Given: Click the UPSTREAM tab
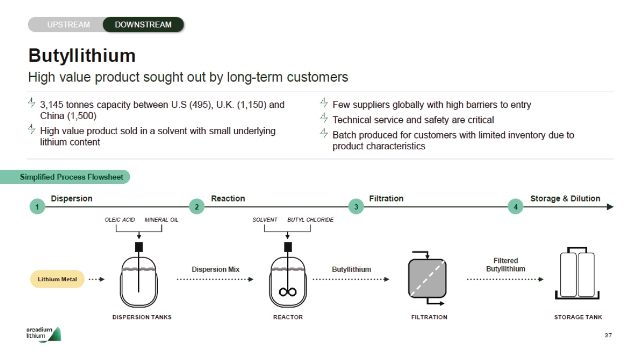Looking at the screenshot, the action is tap(68, 24).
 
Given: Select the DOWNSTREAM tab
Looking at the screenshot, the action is tap(143, 24).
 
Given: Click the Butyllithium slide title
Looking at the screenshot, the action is tap(82, 56).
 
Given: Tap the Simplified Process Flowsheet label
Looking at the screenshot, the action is tap(71, 177).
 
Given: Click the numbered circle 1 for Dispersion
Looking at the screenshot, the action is tap(37, 207).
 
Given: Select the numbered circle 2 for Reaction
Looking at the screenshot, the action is tap(197, 207).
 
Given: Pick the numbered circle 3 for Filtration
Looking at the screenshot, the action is tap(356, 207).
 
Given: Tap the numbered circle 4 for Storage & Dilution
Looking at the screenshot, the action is tap(516, 207).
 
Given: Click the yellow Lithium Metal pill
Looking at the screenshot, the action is tap(58, 279).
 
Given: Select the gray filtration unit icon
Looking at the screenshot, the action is tap(427, 279).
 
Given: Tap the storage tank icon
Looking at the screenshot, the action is tap(577, 273).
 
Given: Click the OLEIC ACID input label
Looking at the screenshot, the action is tap(120, 220).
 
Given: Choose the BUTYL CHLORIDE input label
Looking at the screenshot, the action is tap(310, 220).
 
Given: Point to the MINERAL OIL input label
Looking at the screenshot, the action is tap(162, 220).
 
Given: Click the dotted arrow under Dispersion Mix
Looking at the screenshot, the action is tap(215, 279).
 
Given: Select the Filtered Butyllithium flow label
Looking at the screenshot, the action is tap(505, 265).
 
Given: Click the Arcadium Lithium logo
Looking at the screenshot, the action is tap(44, 334).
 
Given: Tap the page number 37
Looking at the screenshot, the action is tap(608, 335).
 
